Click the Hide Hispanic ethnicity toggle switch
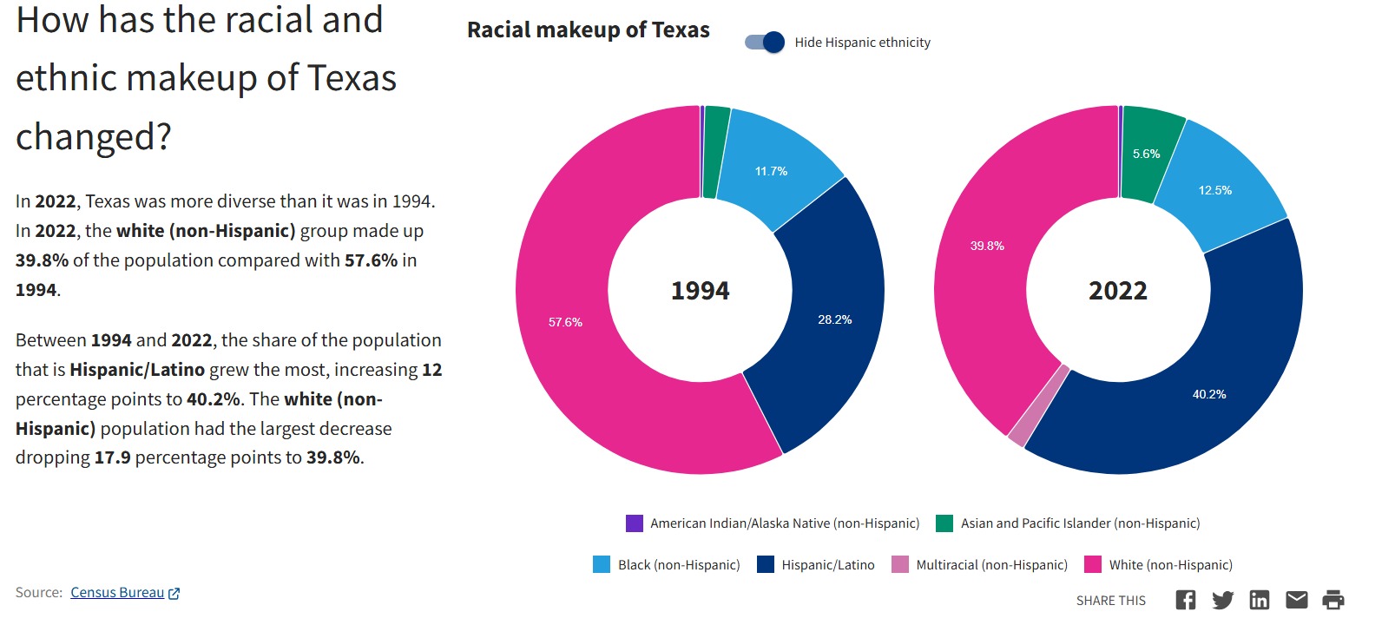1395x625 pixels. click(765, 43)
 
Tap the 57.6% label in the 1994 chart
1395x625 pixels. click(565, 322)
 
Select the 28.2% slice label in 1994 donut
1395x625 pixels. click(834, 319)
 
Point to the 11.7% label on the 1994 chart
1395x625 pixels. click(771, 171)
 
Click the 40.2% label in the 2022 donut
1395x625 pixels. click(1209, 394)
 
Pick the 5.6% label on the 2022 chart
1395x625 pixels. click(1146, 154)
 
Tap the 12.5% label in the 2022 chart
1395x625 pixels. click(1214, 190)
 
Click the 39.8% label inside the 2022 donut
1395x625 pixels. click(987, 246)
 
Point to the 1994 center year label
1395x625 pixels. click(700, 291)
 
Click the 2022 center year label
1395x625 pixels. click(1118, 291)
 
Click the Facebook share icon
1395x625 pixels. click(1185, 600)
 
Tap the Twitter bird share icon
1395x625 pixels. click(1222, 600)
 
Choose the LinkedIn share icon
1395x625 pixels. click(1259, 600)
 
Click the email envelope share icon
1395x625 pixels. click(1296, 600)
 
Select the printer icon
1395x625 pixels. click(1332, 600)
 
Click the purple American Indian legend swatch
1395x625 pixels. click(635, 523)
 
